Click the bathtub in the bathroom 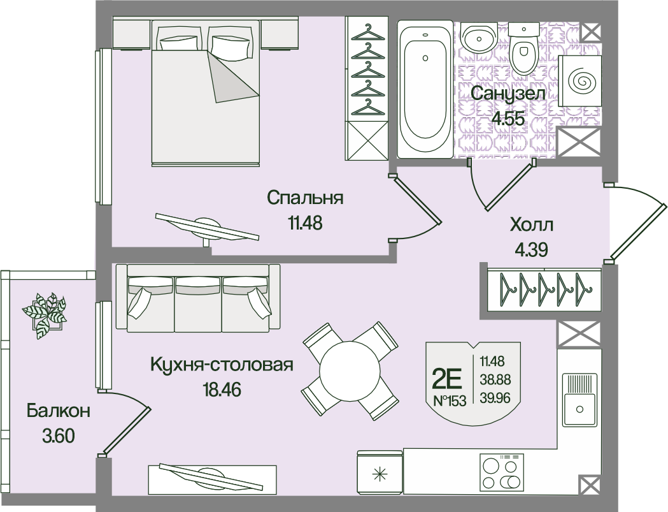(425, 89)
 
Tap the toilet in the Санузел (524, 51)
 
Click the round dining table (350, 370)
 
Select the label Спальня (305, 198)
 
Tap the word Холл (532, 225)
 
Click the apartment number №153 (449, 400)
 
